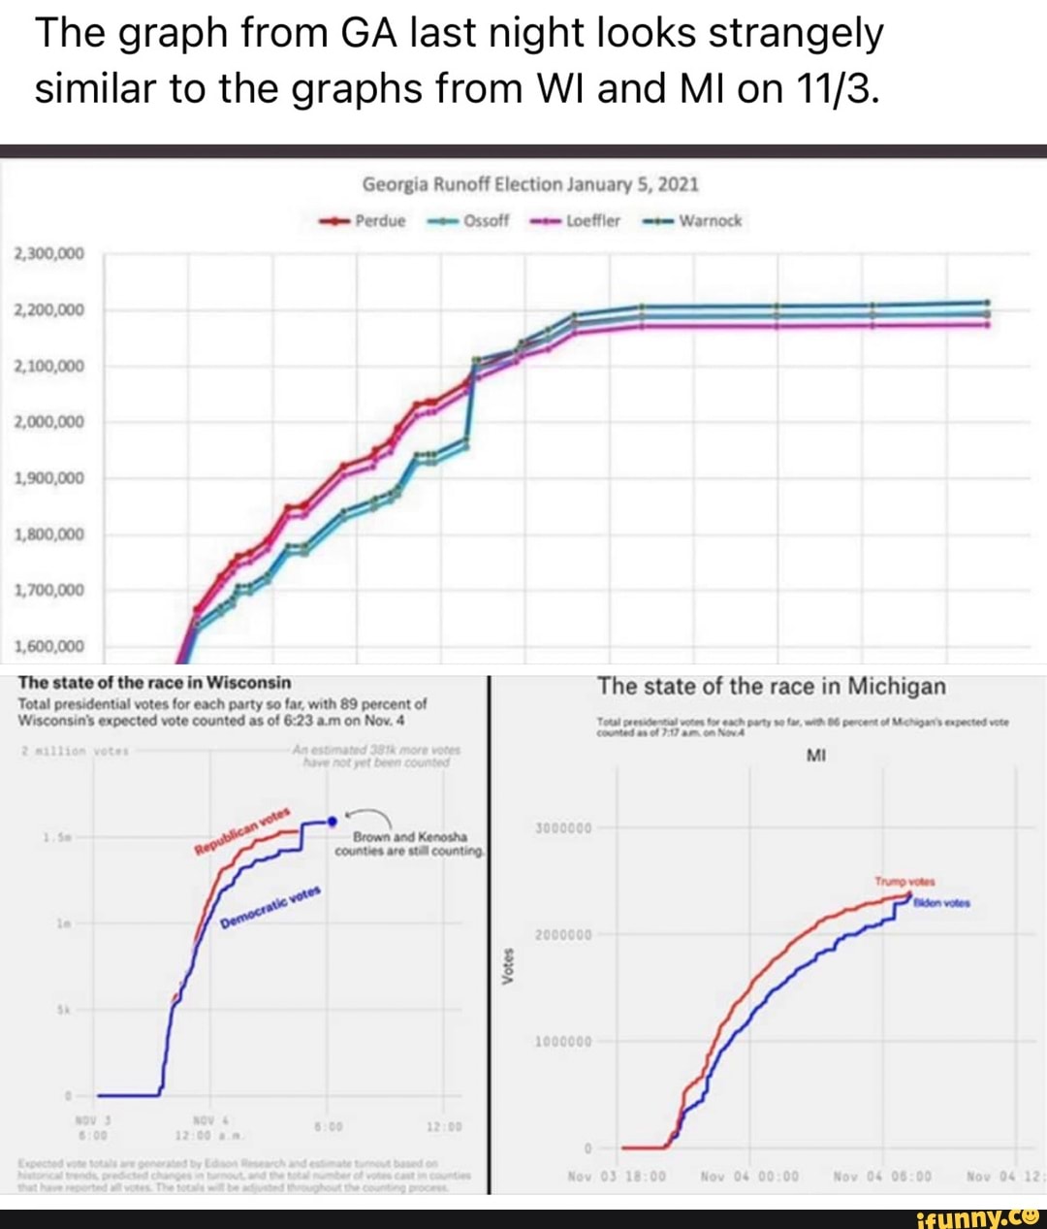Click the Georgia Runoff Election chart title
[530, 184]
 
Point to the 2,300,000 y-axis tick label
[49, 254]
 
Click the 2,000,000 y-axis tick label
[49, 422]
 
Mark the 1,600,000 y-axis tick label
[49, 647]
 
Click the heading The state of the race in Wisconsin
[155, 683]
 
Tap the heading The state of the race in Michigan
[772, 687]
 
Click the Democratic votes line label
[270, 908]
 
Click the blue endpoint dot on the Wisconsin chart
[333, 822]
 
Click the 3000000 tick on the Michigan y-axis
[562, 828]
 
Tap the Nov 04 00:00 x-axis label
[749, 1177]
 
